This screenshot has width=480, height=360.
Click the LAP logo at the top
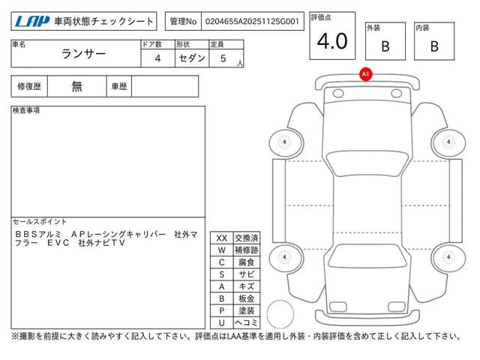tap(31, 22)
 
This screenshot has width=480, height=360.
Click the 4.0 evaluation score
tap(332, 42)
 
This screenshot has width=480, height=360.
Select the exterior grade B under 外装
tap(385, 46)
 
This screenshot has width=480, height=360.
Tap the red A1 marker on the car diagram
tap(365, 74)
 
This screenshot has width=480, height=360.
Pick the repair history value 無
tap(77, 86)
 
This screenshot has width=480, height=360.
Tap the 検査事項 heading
tap(27, 111)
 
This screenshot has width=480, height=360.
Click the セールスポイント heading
tap(40, 222)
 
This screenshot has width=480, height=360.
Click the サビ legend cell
tap(246, 274)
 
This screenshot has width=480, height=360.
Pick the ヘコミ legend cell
tap(246, 322)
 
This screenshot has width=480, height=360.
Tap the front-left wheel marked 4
tap(284, 142)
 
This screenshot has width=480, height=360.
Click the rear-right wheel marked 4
tap(448, 257)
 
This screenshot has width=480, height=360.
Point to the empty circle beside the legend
tap(281, 313)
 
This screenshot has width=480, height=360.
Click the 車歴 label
tap(118, 86)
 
